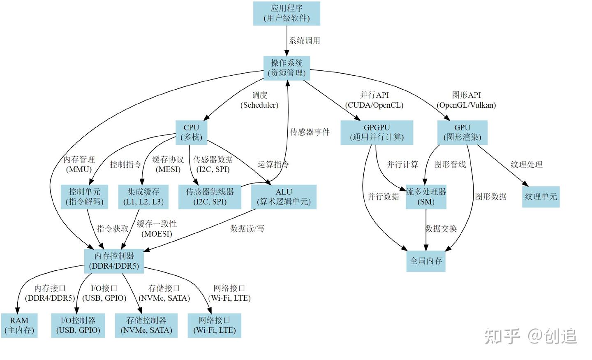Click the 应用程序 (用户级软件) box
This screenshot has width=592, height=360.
click(x=287, y=13)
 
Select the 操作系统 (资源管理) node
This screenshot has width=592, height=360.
click(x=287, y=68)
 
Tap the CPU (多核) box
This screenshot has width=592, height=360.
click(x=191, y=132)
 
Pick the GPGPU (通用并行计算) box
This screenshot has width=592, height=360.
click(x=377, y=132)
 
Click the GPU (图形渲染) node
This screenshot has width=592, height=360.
click(x=462, y=132)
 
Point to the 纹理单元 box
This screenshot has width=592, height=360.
click(x=541, y=197)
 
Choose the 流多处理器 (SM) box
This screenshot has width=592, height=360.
click(x=426, y=197)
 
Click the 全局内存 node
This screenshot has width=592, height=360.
click(x=426, y=261)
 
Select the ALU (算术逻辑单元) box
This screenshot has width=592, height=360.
click(x=284, y=197)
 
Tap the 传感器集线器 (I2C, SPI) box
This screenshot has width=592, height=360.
click(x=210, y=197)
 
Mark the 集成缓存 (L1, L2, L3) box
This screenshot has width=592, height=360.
click(x=143, y=197)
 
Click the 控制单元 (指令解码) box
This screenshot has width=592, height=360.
click(x=84, y=197)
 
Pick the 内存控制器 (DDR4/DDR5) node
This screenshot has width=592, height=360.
click(x=114, y=261)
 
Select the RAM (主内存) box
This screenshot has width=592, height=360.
click(x=19, y=325)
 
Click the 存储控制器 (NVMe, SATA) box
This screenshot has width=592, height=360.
click(x=146, y=325)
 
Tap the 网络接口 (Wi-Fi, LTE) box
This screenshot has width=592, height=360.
click(x=214, y=325)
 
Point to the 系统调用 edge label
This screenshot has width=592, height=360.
click(x=304, y=41)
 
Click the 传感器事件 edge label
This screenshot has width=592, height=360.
click(x=310, y=132)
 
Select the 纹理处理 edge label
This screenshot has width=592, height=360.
click(x=526, y=165)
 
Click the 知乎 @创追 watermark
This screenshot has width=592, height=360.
click(x=530, y=336)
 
